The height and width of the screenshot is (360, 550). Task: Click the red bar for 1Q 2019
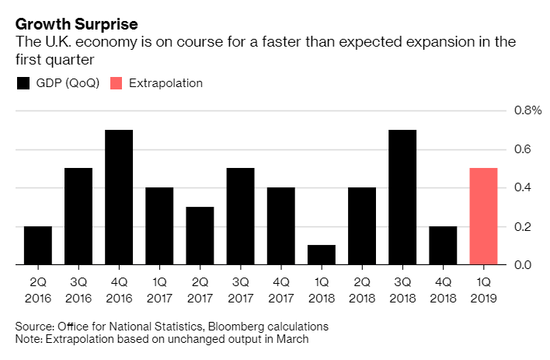click(483, 217)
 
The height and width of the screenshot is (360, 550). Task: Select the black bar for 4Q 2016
click(119, 197)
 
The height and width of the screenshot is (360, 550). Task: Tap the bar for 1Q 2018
click(322, 255)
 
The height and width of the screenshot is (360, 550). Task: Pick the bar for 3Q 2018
click(402, 197)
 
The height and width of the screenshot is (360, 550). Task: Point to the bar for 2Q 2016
click(38, 246)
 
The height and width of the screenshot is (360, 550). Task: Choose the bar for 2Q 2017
click(200, 236)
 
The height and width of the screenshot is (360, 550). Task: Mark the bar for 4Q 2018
click(443, 246)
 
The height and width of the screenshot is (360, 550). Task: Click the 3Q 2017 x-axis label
click(240, 288)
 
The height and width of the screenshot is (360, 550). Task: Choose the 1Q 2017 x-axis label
click(159, 288)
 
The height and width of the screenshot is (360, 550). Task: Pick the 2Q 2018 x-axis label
click(362, 288)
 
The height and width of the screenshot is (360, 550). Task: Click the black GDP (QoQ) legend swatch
click(23, 83)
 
